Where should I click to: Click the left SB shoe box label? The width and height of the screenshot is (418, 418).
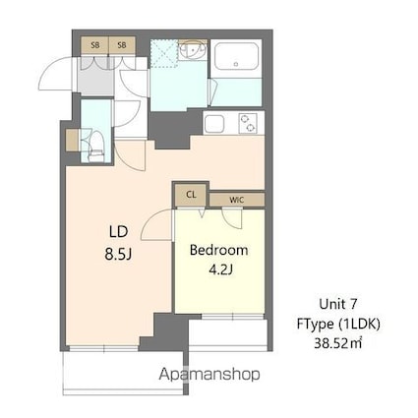95,45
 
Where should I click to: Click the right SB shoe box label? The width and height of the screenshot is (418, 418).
122,45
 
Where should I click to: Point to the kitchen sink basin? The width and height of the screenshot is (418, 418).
214,123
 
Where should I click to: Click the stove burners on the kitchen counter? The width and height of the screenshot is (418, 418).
246,123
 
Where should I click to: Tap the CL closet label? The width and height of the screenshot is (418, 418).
191,195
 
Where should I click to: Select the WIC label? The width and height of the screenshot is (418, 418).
237,198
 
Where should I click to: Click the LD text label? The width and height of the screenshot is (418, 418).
119,231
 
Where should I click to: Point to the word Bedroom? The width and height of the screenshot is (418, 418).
219,249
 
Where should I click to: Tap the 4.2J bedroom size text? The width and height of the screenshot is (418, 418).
219,269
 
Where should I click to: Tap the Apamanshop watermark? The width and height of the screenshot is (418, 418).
209,375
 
